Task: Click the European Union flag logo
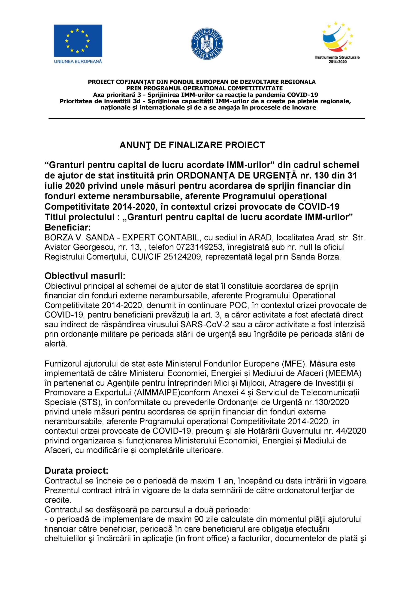(78, 41)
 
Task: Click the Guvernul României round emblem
(207, 44)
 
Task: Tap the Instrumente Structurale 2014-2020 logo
(337, 43)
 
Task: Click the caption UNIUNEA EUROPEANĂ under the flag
(78, 62)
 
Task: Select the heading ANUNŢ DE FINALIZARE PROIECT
(192, 145)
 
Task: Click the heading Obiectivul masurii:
(85, 276)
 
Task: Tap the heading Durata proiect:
(76, 471)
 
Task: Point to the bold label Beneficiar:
(67, 227)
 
